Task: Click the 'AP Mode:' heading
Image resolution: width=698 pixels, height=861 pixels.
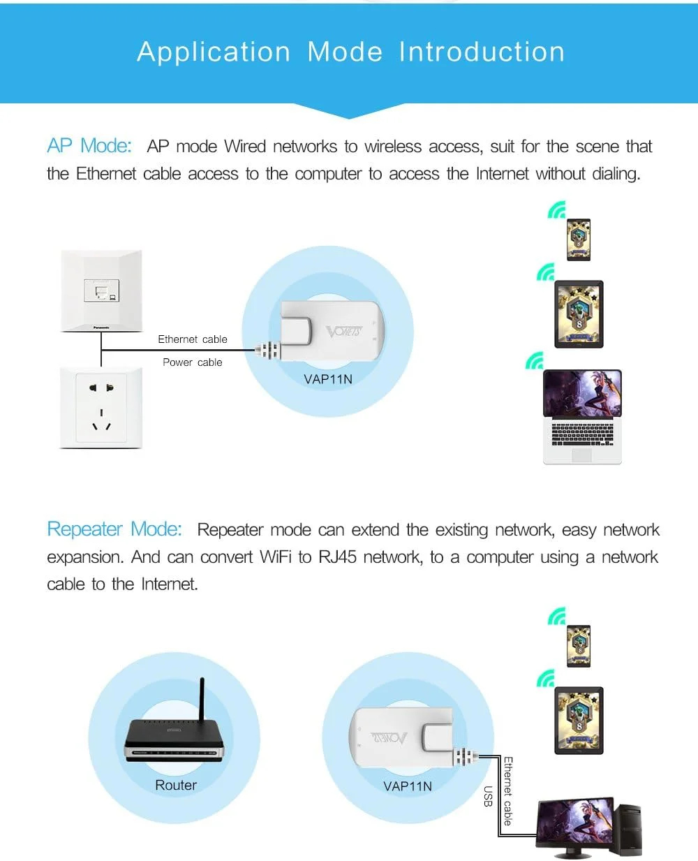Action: (89, 146)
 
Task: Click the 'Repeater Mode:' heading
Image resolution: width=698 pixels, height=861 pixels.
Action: (114, 529)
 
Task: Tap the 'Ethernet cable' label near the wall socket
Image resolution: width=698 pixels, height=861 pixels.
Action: (193, 339)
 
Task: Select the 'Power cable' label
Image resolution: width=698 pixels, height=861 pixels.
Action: (193, 362)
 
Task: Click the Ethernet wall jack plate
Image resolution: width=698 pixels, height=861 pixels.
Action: (101, 290)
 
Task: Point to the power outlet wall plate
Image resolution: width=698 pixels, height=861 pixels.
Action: (102, 408)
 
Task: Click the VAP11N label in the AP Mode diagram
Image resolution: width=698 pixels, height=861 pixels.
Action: (328, 379)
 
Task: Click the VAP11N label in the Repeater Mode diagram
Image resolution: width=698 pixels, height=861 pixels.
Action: (408, 786)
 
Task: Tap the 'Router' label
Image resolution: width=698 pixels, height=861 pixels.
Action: (176, 786)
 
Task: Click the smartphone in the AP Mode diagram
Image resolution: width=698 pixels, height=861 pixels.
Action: (579, 240)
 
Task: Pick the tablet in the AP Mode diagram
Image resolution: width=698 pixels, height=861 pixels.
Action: (579, 314)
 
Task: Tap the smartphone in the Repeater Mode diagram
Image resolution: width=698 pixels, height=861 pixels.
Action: (579, 647)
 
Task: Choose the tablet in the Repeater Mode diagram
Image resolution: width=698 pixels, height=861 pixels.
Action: (579, 720)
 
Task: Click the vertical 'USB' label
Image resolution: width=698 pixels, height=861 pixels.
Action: (488, 796)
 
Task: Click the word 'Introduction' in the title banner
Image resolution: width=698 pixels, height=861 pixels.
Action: (482, 52)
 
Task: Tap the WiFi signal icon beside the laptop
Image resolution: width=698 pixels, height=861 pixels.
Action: (535, 361)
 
